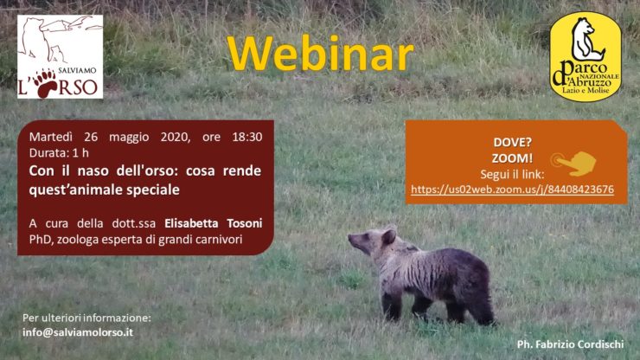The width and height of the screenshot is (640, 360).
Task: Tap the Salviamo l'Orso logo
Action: (x=60, y=57)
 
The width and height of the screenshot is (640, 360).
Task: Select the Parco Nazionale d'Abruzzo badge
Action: (x=586, y=56)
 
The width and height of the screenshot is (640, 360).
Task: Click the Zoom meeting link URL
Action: (x=512, y=190)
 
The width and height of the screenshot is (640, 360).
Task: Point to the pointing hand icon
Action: (x=573, y=163)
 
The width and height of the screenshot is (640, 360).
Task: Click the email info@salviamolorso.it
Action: (x=78, y=332)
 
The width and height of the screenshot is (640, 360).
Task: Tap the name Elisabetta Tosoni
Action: (x=213, y=223)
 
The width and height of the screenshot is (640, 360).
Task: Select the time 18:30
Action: (x=247, y=137)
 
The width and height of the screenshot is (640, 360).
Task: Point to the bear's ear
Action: (x=388, y=236)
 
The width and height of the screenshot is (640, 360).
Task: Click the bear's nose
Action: (x=350, y=237)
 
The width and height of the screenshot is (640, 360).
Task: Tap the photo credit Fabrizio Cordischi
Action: (x=570, y=344)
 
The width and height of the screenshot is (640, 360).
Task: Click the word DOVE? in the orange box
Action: (x=512, y=143)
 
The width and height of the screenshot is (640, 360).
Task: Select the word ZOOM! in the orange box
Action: (x=512, y=158)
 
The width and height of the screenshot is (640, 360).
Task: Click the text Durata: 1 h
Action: (x=59, y=153)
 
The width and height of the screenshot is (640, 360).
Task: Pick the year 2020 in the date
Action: (x=175, y=137)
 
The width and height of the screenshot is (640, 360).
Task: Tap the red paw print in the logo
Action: (x=46, y=83)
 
